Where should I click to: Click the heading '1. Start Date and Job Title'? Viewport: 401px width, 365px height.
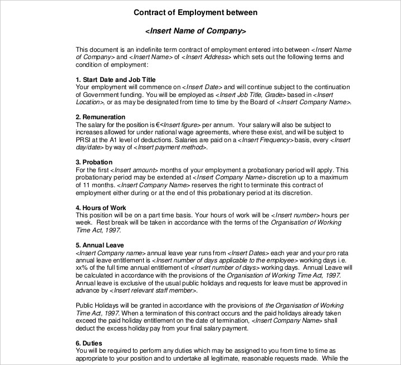click(x=115, y=80)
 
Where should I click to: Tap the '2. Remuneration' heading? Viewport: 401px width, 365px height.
click(x=100, y=117)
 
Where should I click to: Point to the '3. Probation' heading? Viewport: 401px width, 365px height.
click(x=94, y=162)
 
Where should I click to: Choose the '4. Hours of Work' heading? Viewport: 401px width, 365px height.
click(x=101, y=208)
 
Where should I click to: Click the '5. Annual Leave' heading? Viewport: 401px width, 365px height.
click(x=99, y=245)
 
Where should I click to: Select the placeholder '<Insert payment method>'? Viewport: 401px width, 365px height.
click(x=173, y=148)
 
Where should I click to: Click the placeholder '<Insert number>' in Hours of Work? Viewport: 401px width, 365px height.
click(x=295, y=215)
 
